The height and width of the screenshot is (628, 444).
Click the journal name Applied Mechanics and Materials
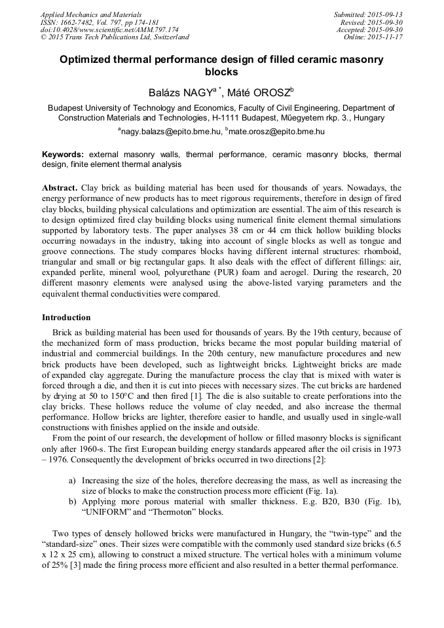(91, 14)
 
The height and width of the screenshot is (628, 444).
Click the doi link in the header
(109, 29)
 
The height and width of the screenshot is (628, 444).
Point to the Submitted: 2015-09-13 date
(368, 14)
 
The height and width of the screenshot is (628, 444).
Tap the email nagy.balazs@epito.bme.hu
(171, 132)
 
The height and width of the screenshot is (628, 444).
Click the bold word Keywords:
(63, 155)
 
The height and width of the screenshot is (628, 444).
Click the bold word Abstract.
(60, 187)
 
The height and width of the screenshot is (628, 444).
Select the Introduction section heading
(66, 317)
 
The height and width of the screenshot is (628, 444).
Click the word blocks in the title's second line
(222, 72)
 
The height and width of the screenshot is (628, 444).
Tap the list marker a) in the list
(72, 481)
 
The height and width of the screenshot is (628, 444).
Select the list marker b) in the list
(72, 501)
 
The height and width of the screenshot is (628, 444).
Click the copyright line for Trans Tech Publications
(115, 37)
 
